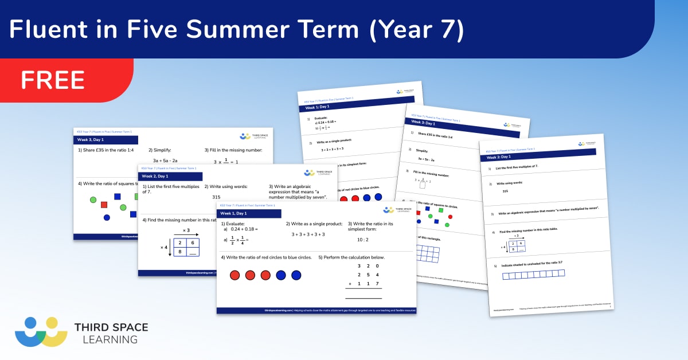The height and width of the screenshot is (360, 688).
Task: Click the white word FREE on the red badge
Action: pyautogui.click(x=53, y=80)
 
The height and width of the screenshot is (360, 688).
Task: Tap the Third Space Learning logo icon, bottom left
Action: pyautogui.click(x=41, y=331)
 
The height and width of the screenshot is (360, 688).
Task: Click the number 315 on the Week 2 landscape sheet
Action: pyautogui.click(x=216, y=197)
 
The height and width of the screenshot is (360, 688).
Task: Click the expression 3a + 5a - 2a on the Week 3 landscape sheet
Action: pyautogui.click(x=165, y=161)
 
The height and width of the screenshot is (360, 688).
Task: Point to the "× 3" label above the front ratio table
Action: pyautogui.click(x=186, y=230)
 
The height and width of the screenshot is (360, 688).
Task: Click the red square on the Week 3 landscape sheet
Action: pyautogui.click(x=104, y=205)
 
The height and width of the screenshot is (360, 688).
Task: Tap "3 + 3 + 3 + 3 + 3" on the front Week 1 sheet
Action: pyautogui.click(x=308, y=234)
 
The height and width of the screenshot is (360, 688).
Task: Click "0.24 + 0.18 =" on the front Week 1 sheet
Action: pyautogui.click(x=244, y=229)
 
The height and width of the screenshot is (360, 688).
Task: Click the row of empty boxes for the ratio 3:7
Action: pyautogui.click(x=533, y=275)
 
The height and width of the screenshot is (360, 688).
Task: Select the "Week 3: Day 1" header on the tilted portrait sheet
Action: pyautogui.click(x=423, y=123)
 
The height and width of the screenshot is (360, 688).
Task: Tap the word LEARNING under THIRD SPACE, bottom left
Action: pyautogui.click(x=106, y=339)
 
